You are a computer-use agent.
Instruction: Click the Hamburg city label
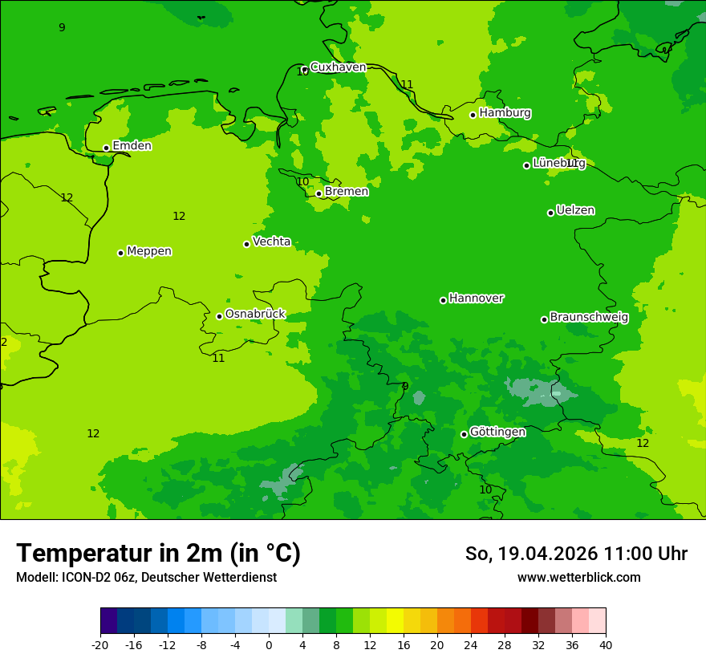[x=505, y=113]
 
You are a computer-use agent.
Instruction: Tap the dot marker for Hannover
[x=443, y=300]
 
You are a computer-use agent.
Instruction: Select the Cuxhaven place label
[x=338, y=67]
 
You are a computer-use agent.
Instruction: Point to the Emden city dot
[x=106, y=148]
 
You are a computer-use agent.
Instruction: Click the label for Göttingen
[x=497, y=432]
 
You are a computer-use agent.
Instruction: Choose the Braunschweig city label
[x=589, y=317]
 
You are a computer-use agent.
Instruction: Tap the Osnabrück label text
[x=255, y=314]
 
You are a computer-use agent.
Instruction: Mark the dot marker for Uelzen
[x=550, y=213]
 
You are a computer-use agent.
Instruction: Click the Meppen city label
[x=149, y=251]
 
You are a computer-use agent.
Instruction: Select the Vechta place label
[x=271, y=242]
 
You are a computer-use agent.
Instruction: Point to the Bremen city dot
[x=319, y=193]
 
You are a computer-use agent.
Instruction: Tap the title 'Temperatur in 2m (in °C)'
[x=158, y=554]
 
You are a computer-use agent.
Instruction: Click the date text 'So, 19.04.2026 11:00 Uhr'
[x=576, y=554]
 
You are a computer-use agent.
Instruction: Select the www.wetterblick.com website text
[x=578, y=578]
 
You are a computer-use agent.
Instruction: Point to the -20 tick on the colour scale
[x=100, y=644]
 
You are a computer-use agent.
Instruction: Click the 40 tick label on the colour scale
[x=605, y=644]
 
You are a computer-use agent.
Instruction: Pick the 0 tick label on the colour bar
[x=269, y=644]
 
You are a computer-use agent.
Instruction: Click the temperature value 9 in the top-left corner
[x=62, y=28]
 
